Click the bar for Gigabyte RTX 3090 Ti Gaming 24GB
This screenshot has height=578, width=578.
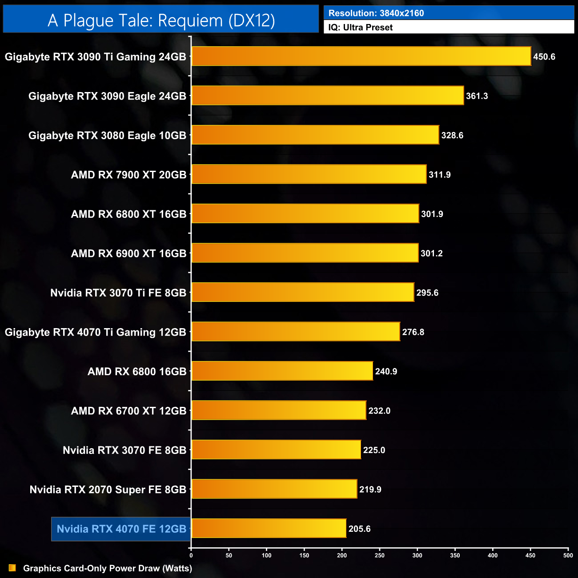[x=361, y=56]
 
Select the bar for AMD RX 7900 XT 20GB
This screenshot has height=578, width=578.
[x=309, y=174]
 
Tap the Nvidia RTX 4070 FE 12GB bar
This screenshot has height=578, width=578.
[x=269, y=528]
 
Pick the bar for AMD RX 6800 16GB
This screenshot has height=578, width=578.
[x=282, y=371]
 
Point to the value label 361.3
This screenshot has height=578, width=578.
[x=477, y=96]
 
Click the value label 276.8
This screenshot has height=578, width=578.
[x=413, y=332]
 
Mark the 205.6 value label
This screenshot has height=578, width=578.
[x=359, y=529]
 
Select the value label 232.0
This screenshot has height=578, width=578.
[x=379, y=411]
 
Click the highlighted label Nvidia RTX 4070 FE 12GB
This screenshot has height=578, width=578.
[x=121, y=529]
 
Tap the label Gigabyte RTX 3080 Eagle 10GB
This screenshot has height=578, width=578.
[x=107, y=136]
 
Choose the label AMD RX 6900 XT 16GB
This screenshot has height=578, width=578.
[x=128, y=253]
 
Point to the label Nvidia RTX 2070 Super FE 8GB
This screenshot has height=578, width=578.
[x=108, y=490]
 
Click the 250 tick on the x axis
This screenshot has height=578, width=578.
[x=380, y=555]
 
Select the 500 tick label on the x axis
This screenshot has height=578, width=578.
[x=568, y=555]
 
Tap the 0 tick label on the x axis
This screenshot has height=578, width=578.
[x=191, y=555]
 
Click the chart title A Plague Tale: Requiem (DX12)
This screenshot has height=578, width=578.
[x=161, y=20]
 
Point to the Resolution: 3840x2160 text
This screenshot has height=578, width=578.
[x=376, y=13]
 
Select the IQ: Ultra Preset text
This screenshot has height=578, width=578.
[x=361, y=28]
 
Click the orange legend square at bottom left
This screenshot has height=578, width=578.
[x=12, y=568]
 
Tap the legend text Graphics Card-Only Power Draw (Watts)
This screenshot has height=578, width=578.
[x=108, y=568]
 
